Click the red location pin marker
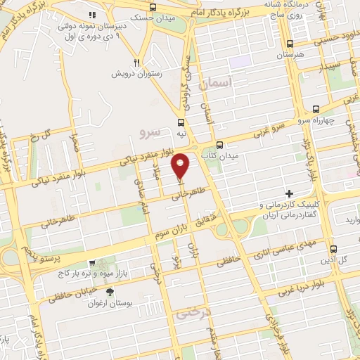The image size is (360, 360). point(181,165)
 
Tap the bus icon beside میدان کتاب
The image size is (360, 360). point(220,145)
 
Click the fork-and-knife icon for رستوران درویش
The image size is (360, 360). point(138,62)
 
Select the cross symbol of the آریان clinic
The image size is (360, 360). point(288,193)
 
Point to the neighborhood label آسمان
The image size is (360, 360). point(215,83)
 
